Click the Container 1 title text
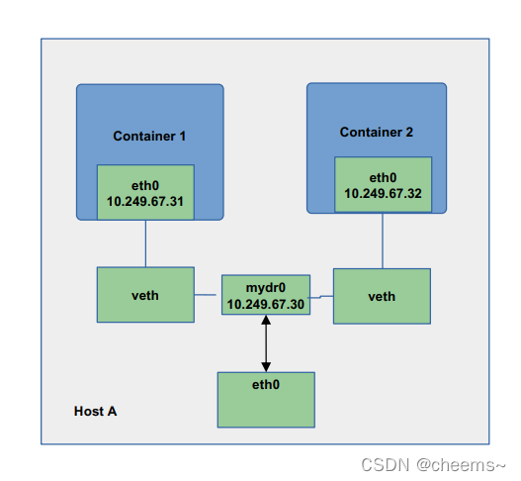tap(149, 136)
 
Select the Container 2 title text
tap(376, 132)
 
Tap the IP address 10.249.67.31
tap(145, 201)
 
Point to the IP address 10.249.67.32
tap(383, 193)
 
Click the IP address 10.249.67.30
tap(266, 304)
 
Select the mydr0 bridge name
tap(266, 288)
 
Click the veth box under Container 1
tap(145, 295)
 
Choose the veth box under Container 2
tap(383, 296)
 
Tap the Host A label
tap(95, 411)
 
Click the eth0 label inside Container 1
tap(145, 186)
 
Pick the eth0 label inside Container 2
tap(383, 177)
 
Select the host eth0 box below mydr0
tap(266, 400)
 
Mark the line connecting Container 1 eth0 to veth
tap(145, 243)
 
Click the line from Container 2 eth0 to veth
tap(383, 240)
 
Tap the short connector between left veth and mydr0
tap(206, 295)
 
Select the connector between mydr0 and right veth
tap(321, 296)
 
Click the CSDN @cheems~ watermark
tap(433, 465)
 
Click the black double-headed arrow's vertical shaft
tap(266, 343)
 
